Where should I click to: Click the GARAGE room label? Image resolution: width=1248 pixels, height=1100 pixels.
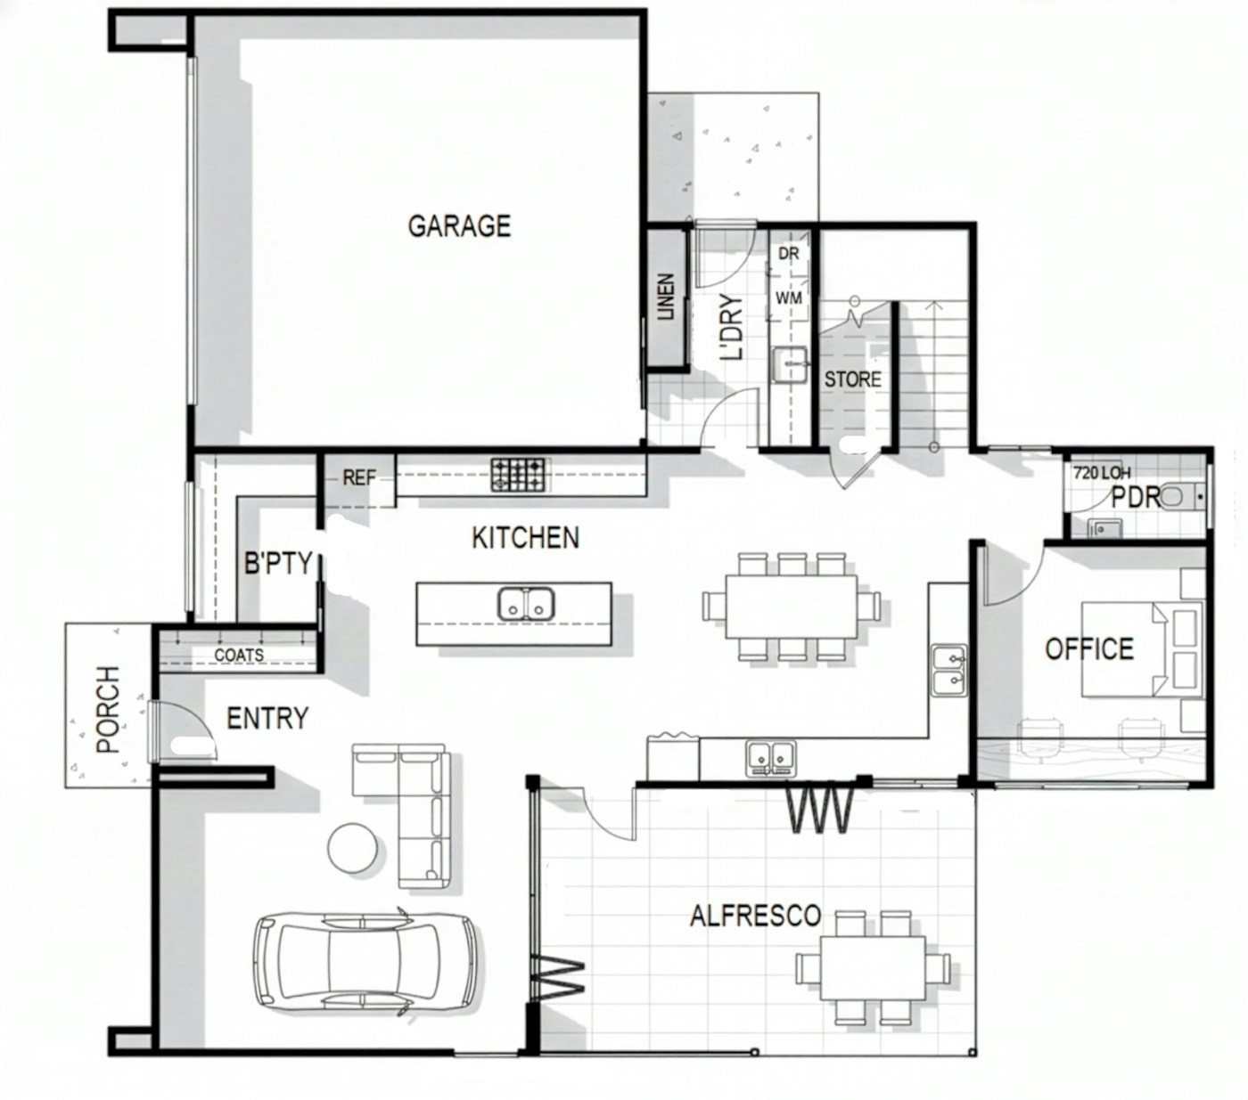point(459,226)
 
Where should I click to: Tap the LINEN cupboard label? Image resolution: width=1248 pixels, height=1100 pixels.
point(666,297)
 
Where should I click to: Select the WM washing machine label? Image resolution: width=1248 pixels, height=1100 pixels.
point(788,297)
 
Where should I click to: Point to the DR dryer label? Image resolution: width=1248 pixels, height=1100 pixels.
point(789,254)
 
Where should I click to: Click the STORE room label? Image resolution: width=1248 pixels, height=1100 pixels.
point(852,379)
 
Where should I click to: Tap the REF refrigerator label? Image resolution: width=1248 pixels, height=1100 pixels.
point(359,477)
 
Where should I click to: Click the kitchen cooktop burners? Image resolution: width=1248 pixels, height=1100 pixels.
point(517,474)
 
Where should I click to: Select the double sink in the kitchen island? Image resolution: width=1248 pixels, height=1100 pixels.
point(525,604)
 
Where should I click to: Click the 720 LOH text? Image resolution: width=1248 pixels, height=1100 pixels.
point(1102,473)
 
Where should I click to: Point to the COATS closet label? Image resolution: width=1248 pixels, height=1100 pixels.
point(238,655)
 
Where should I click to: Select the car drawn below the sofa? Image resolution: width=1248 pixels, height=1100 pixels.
point(365,962)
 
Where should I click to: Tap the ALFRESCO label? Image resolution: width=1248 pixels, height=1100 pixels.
point(755,916)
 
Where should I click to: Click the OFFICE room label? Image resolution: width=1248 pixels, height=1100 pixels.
point(1089,648)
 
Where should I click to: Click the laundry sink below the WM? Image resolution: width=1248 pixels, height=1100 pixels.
point(789,364)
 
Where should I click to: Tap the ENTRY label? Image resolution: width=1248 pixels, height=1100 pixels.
point(267,719)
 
